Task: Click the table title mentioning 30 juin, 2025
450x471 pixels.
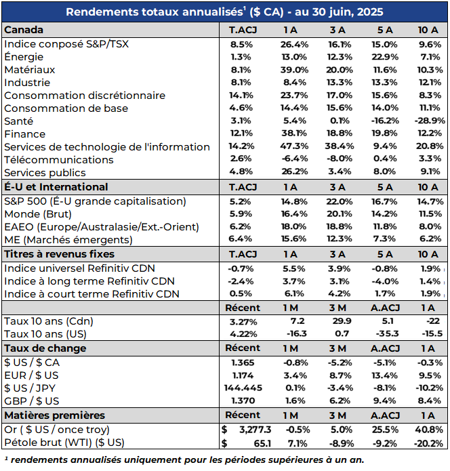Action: (x=224, y=12)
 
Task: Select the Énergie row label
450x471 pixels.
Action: (x=24, y=57)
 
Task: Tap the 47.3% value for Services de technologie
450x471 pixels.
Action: (x=294, y=146)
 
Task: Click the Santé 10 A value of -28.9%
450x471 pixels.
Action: (x=430, y=121)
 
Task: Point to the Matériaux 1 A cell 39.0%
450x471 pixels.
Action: (x=294, y=70)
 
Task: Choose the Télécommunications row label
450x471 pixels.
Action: (x=59, y=160)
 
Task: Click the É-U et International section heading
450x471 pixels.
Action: (x=56, y=187)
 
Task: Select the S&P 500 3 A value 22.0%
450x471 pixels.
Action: (x=340, y=201)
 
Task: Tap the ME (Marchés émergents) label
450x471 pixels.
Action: (x=68, y=240)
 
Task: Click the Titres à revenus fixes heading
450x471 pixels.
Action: (x=59, y=254)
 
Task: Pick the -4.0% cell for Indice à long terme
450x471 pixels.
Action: (x=385, y=281)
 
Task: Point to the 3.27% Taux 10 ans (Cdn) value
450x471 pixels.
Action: (x=243, y=322)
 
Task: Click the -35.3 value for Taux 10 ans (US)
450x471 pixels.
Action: (x=387, y=333)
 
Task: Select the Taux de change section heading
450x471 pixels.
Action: (x=45, y=348)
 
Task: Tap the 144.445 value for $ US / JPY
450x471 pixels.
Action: (x=243, y=388)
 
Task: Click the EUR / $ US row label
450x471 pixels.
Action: (x=32, y=375)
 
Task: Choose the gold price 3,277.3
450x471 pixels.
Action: (x=255, y=430)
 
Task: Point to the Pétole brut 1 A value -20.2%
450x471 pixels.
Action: (x=429, y=443)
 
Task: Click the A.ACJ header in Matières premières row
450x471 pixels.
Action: (x=385, y=415)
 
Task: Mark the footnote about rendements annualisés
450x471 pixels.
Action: (x=184, y=460)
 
